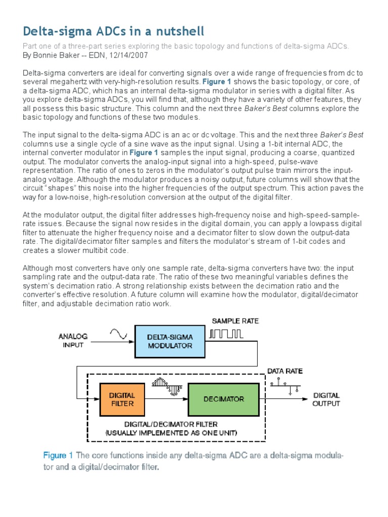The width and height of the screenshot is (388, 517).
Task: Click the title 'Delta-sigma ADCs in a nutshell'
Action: (114, 31)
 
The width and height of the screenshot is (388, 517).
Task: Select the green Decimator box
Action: (223, 399)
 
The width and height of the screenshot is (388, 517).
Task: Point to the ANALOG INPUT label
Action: (73, 341)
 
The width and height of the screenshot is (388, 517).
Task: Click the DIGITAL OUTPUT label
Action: (326, 399)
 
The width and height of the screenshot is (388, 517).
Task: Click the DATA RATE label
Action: (285, 371)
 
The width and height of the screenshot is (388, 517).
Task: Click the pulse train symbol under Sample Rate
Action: (227, 334)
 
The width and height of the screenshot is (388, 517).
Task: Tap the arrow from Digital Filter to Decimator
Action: (167, 399)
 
